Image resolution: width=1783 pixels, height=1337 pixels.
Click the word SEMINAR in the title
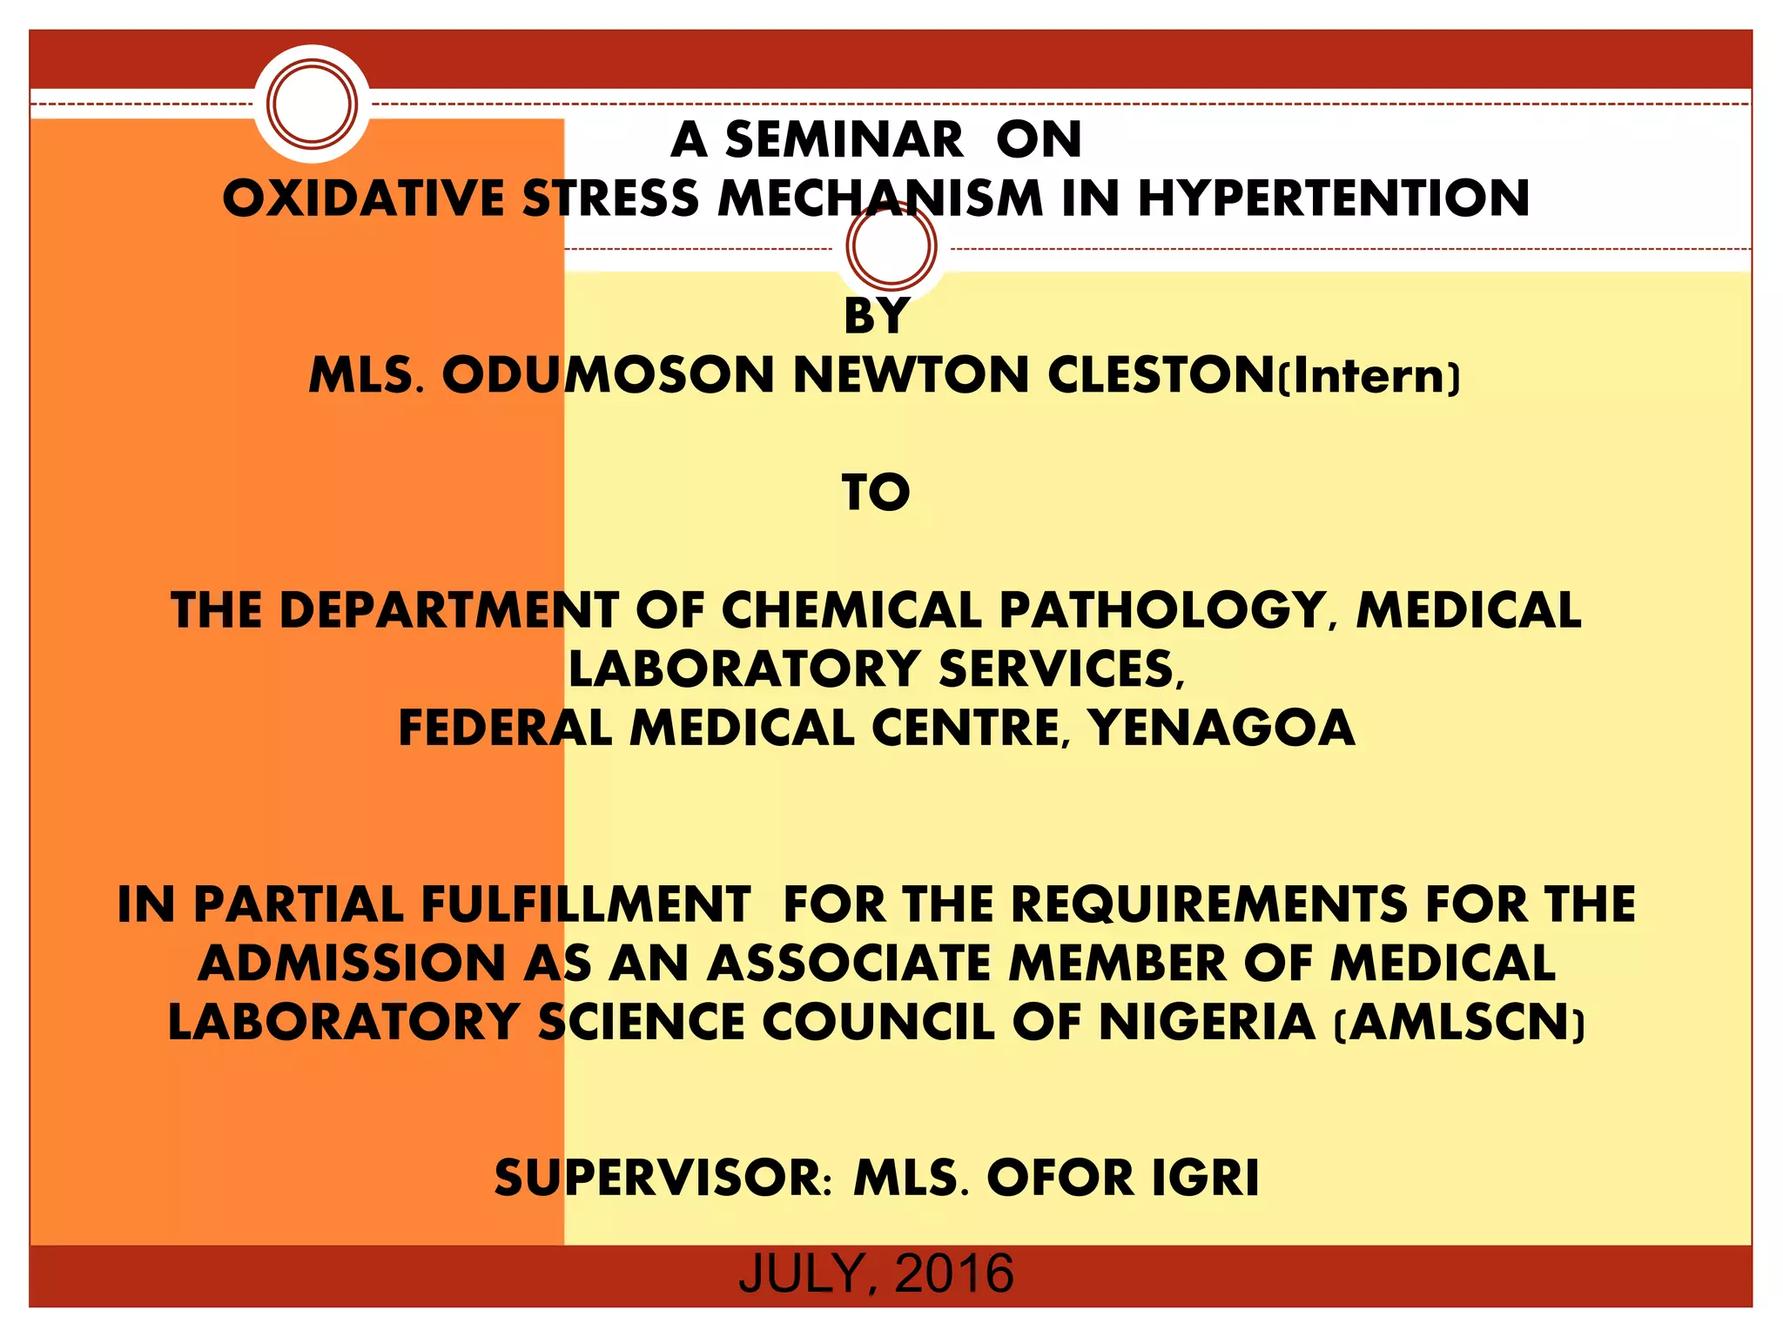(844, 139)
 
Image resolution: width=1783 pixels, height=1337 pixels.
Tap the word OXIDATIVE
(363, 198)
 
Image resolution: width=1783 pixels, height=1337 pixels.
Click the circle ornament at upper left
(312, 104)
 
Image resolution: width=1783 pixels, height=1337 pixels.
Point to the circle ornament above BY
(891, 246)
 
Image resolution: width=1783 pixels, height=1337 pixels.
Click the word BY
(877, 315)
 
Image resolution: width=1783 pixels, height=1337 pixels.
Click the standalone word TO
(876, 493)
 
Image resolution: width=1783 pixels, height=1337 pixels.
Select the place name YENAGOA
(1221, 728)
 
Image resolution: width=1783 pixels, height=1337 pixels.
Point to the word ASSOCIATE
(848, 963)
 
